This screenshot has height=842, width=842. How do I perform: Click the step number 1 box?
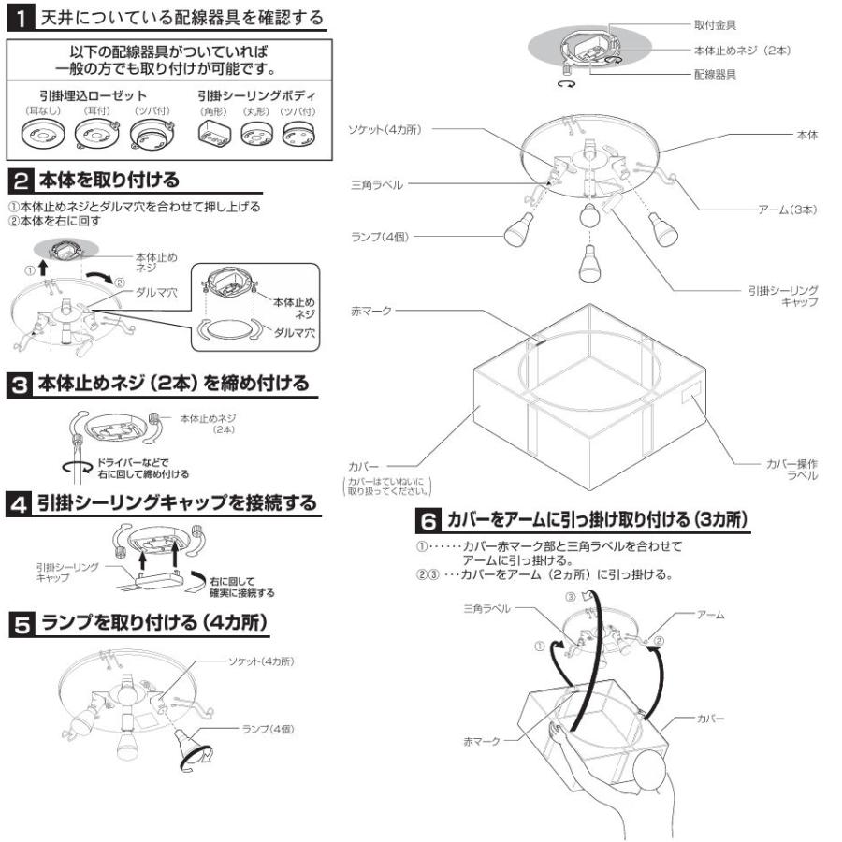21,19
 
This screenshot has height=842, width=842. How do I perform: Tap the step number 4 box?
20,503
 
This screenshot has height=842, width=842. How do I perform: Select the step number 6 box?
428,520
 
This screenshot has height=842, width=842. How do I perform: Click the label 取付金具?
715,24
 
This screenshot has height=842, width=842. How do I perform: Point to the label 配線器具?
715,74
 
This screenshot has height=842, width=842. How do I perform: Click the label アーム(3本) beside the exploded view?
787,210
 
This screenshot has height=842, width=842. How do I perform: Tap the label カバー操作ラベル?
791,470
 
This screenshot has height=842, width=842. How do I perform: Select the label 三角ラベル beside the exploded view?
376,184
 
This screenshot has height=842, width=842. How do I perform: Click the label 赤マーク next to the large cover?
371,311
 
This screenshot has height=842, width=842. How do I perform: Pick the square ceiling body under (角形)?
214,132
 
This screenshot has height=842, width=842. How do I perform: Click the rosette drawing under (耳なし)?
43,133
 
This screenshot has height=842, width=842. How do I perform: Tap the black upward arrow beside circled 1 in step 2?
43,268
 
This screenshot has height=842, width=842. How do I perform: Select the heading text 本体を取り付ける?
109,180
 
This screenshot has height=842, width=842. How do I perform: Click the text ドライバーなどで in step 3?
133,462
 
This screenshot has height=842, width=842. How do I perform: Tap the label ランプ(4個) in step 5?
268,729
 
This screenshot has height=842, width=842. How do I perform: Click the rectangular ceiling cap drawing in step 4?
159,580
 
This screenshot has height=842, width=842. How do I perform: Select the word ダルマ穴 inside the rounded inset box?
295,333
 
